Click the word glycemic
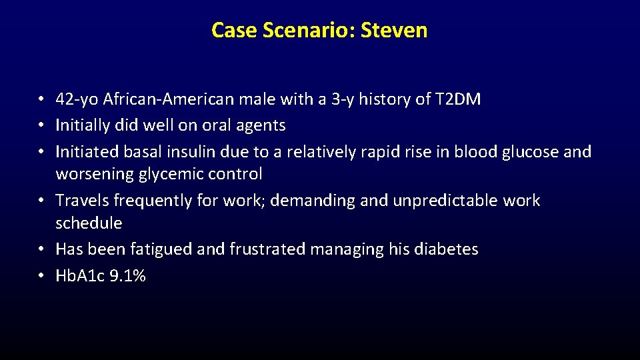point(174,174)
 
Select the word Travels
point(82,200)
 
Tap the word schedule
point(89,223)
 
